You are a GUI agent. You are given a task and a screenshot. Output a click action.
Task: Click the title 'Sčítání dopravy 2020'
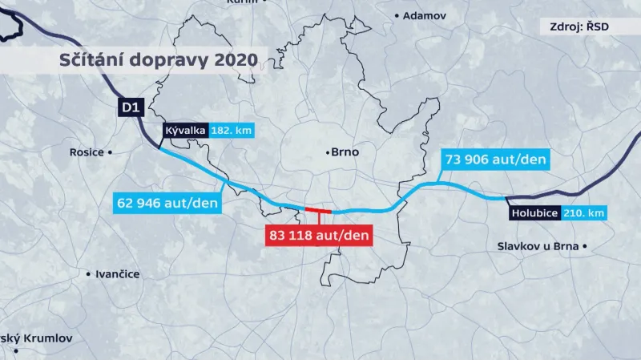pos(159,60)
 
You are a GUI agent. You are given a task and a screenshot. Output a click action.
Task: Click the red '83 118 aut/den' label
pos(318,236)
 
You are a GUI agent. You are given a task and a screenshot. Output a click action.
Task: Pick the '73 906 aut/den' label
pos(495,160)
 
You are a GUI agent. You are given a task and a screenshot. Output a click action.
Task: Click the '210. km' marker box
pos(584,213)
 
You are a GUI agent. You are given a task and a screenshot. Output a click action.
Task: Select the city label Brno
pos(346,152)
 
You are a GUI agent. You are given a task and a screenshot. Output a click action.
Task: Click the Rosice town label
pos(87,152)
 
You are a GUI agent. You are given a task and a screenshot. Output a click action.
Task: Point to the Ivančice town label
pos(117,274)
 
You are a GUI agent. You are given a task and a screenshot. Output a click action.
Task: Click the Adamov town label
pos(423,15)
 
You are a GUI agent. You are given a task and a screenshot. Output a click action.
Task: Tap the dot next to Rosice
pos(111,152)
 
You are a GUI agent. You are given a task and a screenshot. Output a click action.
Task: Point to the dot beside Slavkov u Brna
pos(586,246)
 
